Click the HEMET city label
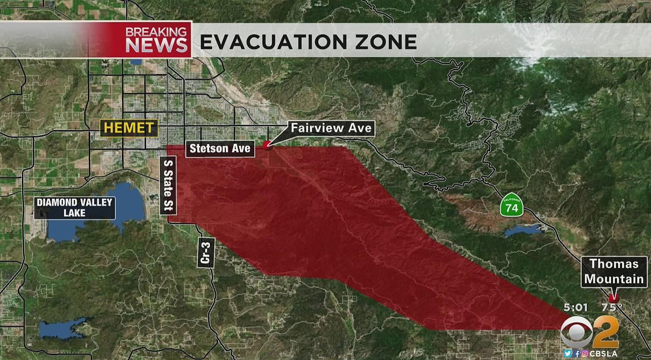pos(129,128)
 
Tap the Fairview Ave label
pos(331,129)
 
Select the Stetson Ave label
pos(220,149)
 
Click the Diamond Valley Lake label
pos(75,208)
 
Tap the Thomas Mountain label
pos(614,272)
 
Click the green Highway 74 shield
pos(511,205)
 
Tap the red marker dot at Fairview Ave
pos(267,145)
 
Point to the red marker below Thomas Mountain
pos(614,298)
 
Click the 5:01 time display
pos(575,307)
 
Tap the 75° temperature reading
pos(611,307)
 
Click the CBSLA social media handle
pos(603,353)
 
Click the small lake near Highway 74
pos(522,230)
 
